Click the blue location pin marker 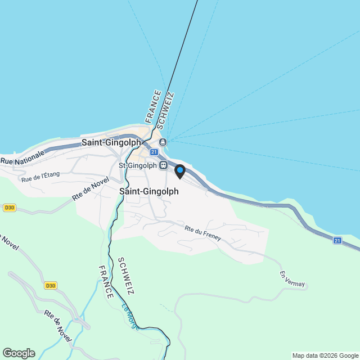tap(180, 171)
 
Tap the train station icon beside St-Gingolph tap(163, 165)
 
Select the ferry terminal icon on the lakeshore tap(163, 142)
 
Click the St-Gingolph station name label tap(137, 165)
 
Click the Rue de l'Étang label tap(40, 177)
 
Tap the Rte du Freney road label tap(202, 233)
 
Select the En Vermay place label tap(292, 280)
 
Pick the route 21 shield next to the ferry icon tap(154, 151)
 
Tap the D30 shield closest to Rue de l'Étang tap(8, 208)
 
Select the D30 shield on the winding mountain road tap(51, 286)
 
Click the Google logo tap(19, 353)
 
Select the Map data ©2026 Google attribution tap(325, 355)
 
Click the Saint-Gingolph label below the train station tap(149, 191)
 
